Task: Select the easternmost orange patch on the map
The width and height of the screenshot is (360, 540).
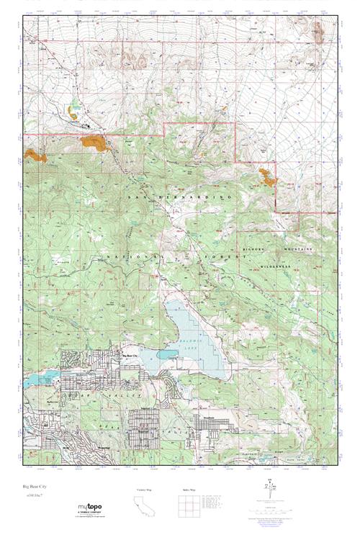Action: [x=267, y=176]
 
